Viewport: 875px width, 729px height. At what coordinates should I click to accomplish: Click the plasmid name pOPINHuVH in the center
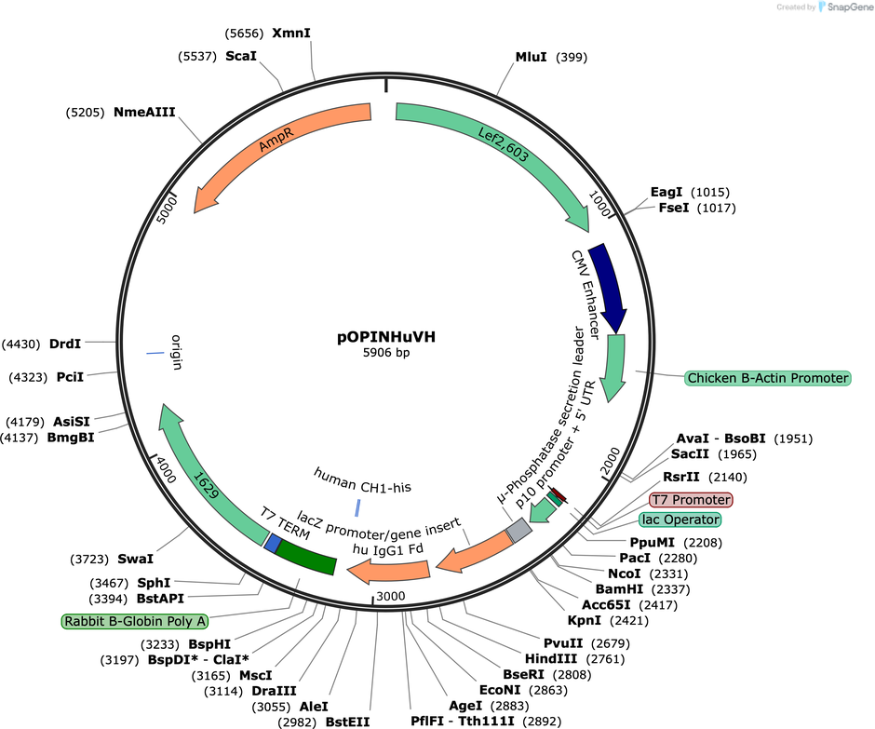pyautogui.click(x=386, y=337)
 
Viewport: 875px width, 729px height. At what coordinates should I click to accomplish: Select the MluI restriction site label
pyautogui.click(x=531, y=57)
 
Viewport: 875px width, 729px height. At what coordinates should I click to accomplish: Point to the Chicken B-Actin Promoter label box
pyautogui.click(x=767, y=378)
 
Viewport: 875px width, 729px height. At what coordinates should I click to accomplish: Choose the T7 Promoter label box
pyautogui.click(x=691, y=500)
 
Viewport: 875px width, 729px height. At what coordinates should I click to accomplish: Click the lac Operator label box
pyautogui.click(x=680, y=520)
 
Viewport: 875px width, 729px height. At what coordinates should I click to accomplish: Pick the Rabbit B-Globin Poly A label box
pyautogui.click(x=134, y=621)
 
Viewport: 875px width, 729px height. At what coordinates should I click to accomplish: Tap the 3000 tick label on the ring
pyautogui.click(x=391, y=596)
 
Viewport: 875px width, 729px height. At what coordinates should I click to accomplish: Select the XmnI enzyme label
pyautogui.click(x=291, y=33)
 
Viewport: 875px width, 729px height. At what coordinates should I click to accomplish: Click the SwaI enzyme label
pyautogui.click(x=135, y=559)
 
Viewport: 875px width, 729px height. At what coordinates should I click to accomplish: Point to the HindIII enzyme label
pyautogui.click(x=551, y=658)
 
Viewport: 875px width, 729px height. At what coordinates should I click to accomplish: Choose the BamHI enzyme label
pyautogui.click(x=619, y=589)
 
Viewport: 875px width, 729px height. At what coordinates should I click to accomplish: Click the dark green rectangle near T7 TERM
pyautogui.click(x=306, y=557)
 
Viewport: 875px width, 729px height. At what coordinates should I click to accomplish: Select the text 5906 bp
pyautogui.click(x=386, y=353)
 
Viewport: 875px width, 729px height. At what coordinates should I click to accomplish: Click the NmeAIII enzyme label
pyautogui.click(x=144, y=113)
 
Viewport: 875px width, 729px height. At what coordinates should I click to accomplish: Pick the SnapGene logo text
pyautogui.click(x=846, y=7)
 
